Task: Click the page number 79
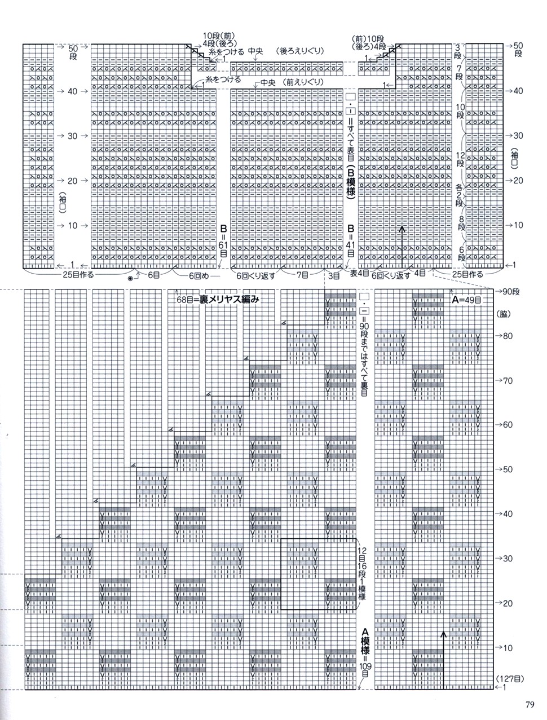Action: [x=529, y=704]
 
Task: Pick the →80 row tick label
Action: [x=504, y=335]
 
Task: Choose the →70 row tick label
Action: [x=504, y=380]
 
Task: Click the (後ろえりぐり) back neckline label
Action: [x=300, y=51]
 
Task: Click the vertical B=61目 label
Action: [x=224, y=243]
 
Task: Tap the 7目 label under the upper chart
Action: [x=302, y=276]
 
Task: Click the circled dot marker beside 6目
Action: [x=131, y=278]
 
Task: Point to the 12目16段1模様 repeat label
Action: [x=362, y=573]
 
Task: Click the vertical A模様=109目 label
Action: [x=365, y=652]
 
